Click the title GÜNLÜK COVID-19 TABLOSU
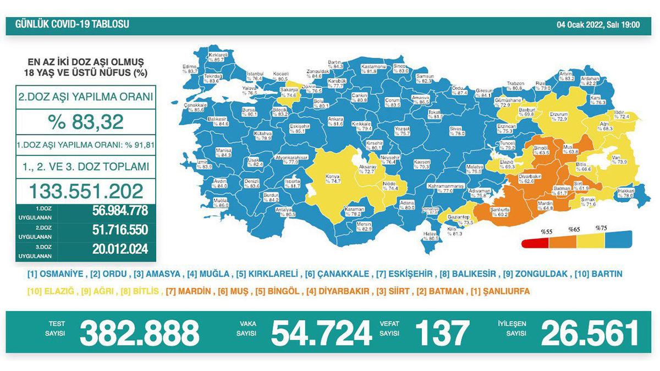click(72, 25)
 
